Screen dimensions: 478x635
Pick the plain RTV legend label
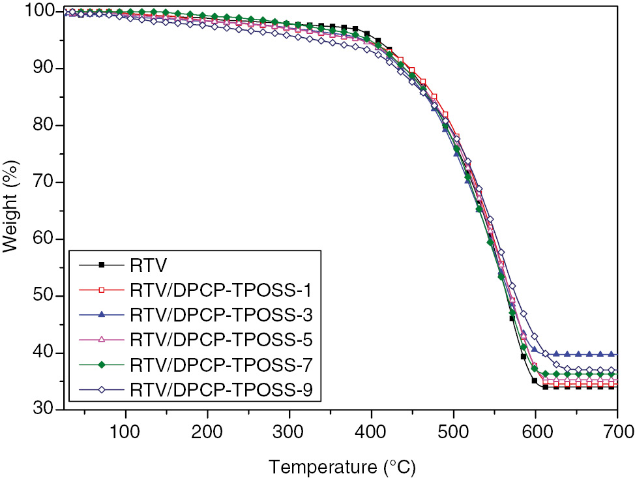pyautogui.click(x=149, y=265)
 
